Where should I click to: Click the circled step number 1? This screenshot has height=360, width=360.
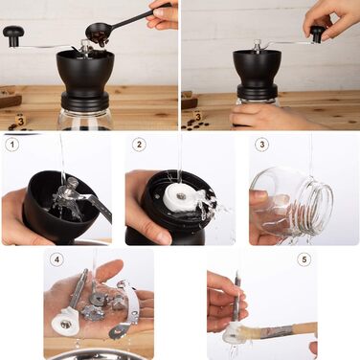coord(12,145)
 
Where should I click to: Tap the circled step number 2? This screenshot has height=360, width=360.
coord(139,145)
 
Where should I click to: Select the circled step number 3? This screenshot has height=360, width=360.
coord(262,145)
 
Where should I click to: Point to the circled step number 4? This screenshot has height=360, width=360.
coord(56,259)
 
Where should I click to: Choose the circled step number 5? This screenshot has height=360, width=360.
coord(304,259)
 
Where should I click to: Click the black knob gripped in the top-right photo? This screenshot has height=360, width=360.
coord(317,34)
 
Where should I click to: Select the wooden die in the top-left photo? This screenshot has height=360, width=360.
coord(21,120)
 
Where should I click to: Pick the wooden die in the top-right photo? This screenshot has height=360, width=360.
coord(197,116)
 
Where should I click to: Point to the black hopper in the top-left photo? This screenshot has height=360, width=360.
coord(85,73)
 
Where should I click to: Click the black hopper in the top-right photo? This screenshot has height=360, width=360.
coord(257,69)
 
